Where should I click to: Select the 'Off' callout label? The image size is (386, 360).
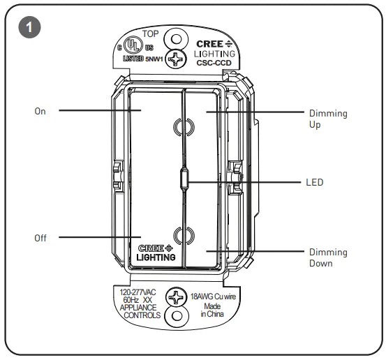(x=40, y=238)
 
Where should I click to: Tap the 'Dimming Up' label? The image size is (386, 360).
(x=327, y=119)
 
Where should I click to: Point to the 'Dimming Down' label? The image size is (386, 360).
(x=327, y=257)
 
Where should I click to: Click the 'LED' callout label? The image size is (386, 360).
(x=315, y=183)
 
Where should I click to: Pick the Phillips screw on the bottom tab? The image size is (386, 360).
(x=175, y=299)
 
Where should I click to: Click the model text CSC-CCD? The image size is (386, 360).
(x=214, y=61)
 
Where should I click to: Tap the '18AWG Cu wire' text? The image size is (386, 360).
(x=214, y=297)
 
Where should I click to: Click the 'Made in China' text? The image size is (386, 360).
(x=214, y=311)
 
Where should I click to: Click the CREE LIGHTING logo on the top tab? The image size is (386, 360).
(x=214, y=47)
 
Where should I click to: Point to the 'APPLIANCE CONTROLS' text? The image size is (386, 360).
(x=140, y=310)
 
